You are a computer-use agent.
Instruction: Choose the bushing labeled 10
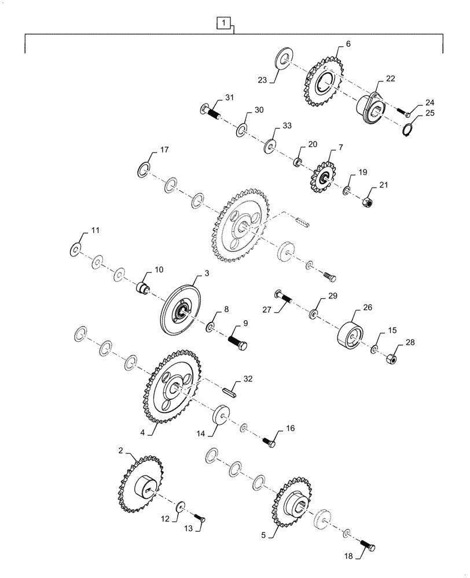[x=142, y=287]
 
